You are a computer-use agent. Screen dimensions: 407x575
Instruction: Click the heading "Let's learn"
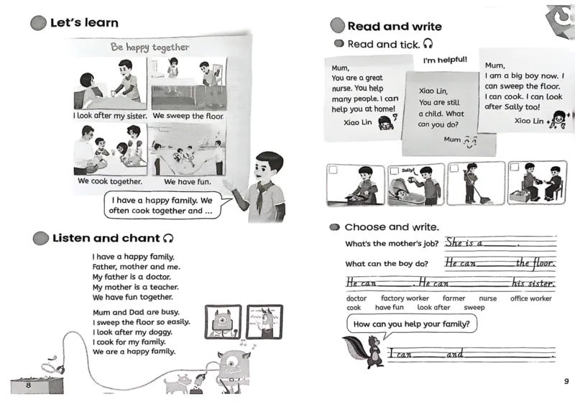(84, 23)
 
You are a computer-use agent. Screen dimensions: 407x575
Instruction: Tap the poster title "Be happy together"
(149, 47)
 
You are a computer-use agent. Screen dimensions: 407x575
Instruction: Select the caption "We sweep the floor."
(188, 116)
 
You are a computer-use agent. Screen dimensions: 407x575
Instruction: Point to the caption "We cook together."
(110, 181)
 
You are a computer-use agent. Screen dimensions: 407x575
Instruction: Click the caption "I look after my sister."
(110, 116)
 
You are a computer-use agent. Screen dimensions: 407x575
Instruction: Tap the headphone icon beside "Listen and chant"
(168, 238)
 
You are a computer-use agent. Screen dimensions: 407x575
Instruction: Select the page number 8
(28, 386)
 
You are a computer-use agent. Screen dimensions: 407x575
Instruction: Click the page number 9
(565, 381)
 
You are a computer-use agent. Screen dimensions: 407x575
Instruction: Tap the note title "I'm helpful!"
(445, 60)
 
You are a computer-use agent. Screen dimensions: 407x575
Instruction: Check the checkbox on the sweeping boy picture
(453, 170)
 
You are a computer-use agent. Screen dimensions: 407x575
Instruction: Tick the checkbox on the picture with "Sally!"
(394, 170)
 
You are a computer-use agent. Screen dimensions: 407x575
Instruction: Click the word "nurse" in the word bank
(488, 298)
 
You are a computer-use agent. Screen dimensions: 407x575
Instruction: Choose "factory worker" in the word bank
(405, 298)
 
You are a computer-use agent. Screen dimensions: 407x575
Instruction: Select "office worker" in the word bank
(531, 298)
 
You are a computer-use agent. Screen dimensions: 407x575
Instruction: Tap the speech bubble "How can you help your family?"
(412, 324)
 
